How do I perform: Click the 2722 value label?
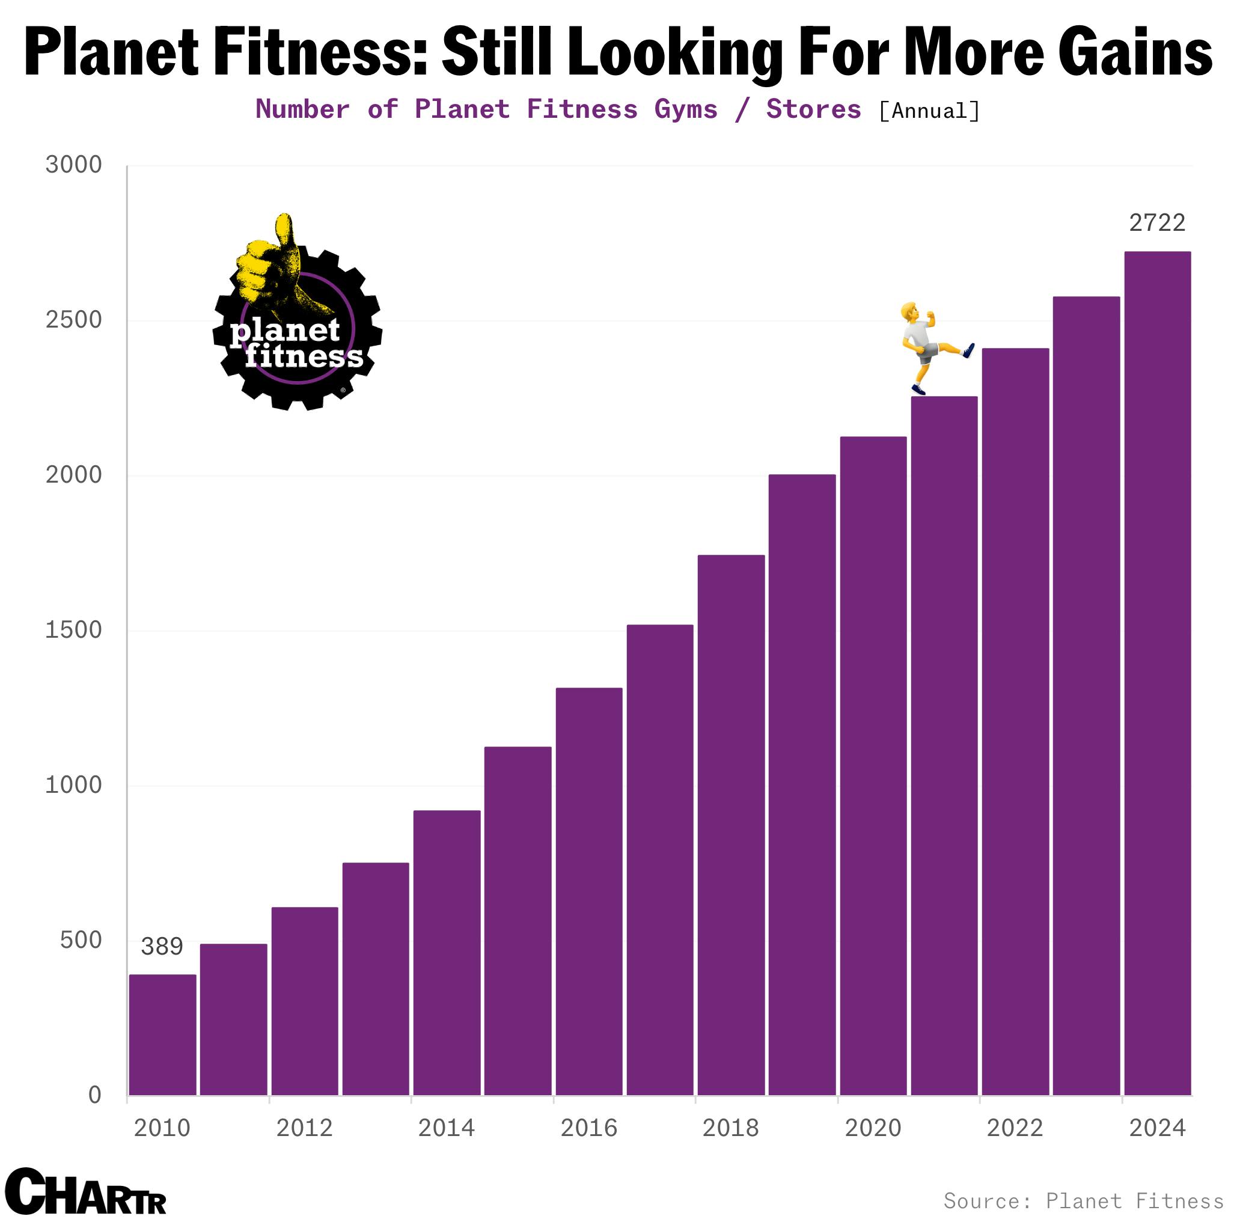pos(1157,223)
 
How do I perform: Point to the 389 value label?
pos(162,946)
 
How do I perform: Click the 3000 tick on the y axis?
pos(73,165)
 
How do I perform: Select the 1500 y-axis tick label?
pos(73,630)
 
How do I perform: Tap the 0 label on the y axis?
pos(95,1095)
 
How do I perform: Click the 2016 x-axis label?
pos(588,1128)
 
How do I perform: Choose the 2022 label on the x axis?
pos(1015,1128)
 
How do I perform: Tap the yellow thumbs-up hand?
pos(272,269)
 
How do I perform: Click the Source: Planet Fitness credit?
pos(1083,1201)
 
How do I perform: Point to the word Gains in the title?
pos(1135,52)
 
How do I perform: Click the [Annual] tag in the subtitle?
pos(929,111)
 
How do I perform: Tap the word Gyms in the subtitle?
pos(686,109)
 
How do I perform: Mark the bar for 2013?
pos(375,979)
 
